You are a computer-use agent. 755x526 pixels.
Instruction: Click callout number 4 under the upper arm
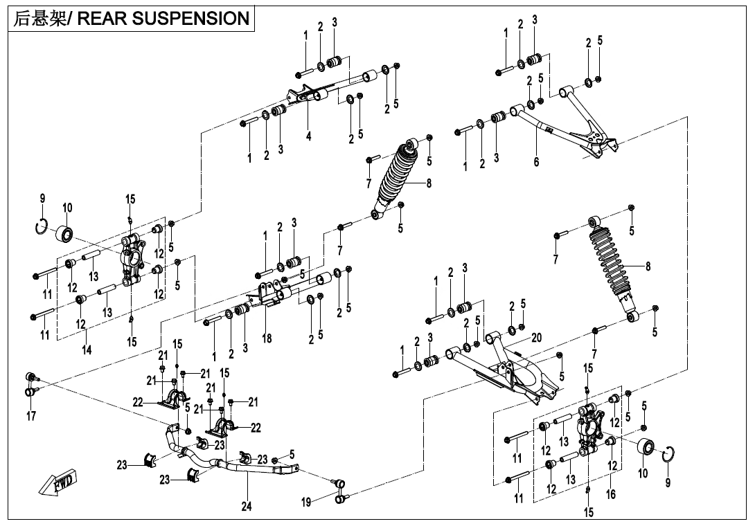309,136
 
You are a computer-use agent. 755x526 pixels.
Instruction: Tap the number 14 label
87,351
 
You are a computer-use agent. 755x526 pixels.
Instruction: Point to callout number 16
611,495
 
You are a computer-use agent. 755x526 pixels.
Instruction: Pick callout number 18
267,338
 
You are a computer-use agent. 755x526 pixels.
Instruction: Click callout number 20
537,338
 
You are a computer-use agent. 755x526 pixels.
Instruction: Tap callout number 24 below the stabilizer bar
247,507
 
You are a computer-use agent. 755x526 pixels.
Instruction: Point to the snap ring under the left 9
42,225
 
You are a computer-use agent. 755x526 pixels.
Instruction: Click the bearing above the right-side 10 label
646,447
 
